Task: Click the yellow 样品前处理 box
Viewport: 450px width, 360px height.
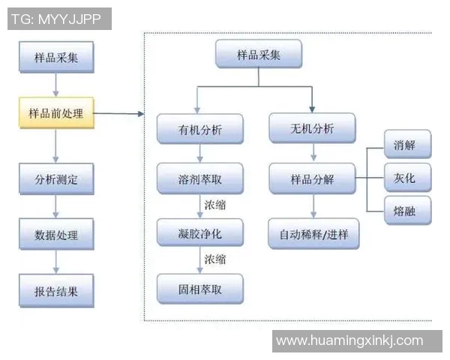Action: pyautogui.click(x=56, y=114)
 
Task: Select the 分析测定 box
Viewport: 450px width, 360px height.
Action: pyautogui.click(x=56, y=180)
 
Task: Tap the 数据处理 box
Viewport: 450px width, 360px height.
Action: pyautogui.click(x=56, y=235)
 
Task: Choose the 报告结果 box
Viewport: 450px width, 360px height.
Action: pyautogui.click(x=56, y=290)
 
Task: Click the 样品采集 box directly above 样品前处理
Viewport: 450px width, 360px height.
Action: pyautogui.click(x=56, y=57)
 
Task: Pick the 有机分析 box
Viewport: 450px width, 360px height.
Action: pyautogui.click(x=199, y=128)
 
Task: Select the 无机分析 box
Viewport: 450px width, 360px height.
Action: pyautogui.click(x=312, y=128)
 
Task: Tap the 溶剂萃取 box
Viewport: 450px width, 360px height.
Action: pyautogui.click(x=199, y=180)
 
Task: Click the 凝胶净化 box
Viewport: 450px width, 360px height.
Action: pyautogui.click(x=199, y=233)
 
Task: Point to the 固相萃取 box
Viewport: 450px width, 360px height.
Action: pyautogui.click(x=199, y=289)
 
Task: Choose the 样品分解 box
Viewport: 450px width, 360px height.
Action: pyautogui.click(x=312, y=180)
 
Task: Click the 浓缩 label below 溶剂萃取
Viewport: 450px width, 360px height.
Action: pyautogui.click(x=215, y=205)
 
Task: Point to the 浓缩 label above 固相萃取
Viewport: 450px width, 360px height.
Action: pyautogui.click(x=215, y=259)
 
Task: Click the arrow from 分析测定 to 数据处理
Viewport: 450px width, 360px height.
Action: pyautogui.click(x=56, y=207)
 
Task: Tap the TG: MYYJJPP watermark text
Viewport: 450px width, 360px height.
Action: pyautogui.click(x=61, y=19)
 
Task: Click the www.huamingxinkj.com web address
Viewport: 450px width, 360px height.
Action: pyautogui.click(x=349, y=340)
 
